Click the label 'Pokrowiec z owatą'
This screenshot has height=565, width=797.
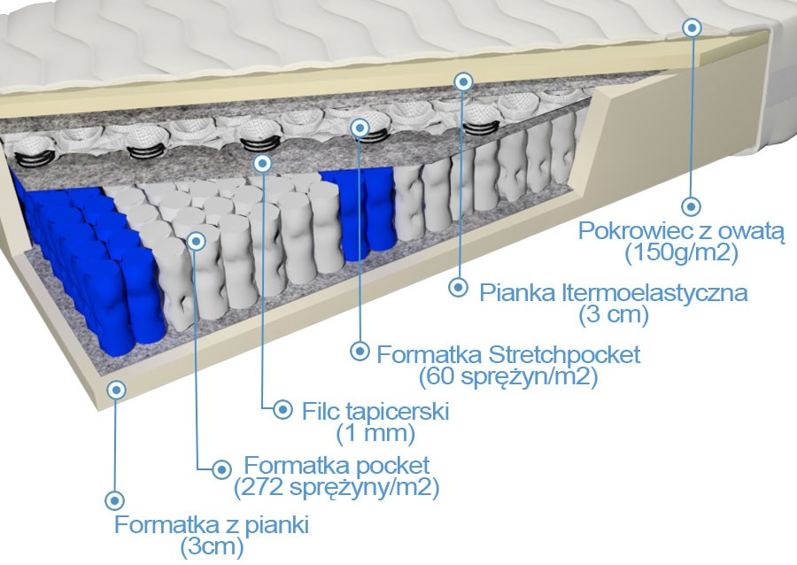tap(681, 232)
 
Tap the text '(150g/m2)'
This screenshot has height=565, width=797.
tap(681, 254)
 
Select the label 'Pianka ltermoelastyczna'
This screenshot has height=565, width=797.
tap(613, 292)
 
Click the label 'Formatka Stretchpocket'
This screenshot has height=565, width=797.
tap(508, 355)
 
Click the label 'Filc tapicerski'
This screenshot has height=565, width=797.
tap(376, 412)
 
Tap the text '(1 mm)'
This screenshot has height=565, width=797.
tap(376, 433)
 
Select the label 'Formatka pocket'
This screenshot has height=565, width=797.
tap(337, 465)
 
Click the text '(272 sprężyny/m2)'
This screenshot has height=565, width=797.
tap(337, 487)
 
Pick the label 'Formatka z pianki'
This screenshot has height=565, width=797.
tap(212, 524)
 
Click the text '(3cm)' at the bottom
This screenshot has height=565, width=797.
tap(212, 546)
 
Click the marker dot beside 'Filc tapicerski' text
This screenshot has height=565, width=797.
tap(282, 409)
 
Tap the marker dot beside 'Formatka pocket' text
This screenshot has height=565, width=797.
tap(221, 467)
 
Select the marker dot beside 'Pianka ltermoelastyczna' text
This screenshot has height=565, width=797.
tap(459, 287)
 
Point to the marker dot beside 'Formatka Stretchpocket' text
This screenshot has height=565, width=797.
tap(359, 351)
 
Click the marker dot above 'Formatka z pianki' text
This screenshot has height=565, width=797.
tap(112, 499)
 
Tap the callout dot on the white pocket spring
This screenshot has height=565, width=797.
tap(197, 239)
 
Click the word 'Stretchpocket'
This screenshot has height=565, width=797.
tap(562, 355)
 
